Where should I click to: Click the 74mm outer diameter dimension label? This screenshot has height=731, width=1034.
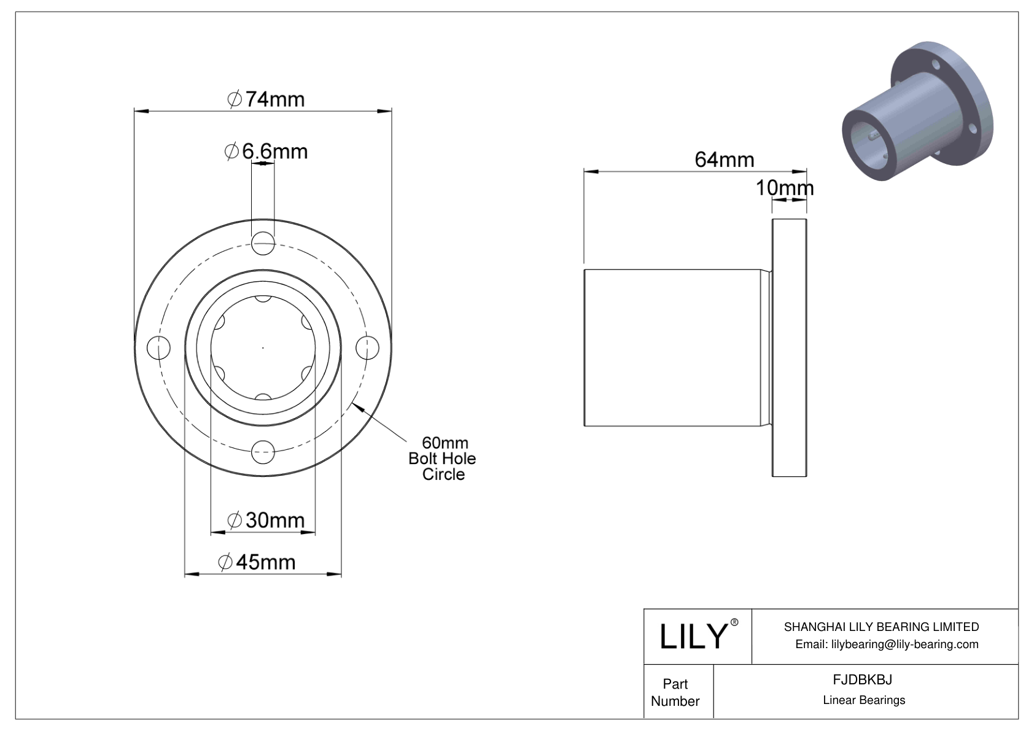266,99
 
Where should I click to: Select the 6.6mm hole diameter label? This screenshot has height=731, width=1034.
266,151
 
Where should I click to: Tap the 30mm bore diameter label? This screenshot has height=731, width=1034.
266,520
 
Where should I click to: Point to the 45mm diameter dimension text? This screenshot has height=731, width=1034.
257,562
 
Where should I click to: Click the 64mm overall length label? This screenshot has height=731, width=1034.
724,160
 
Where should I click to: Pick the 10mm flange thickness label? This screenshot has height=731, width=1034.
784,188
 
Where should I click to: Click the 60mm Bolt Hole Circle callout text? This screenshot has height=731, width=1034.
443,458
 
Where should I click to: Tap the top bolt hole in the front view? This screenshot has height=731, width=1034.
263,243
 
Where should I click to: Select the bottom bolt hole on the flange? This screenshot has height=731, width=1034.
263,452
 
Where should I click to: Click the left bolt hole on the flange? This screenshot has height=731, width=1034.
158,348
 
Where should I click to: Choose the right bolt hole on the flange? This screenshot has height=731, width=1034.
367,348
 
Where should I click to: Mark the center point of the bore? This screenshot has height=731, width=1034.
263,348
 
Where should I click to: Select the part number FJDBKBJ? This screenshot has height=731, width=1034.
862,679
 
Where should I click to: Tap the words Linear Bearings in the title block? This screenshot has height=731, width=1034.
864,700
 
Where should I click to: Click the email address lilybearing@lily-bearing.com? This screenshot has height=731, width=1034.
886,644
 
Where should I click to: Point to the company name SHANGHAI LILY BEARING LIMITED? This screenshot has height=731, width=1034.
881,627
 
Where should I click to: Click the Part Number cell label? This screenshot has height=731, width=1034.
675,692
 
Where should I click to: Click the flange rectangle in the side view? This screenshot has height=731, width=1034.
789,348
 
